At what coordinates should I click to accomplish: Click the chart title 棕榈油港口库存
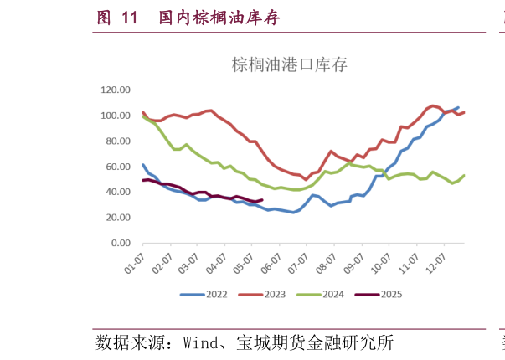288,65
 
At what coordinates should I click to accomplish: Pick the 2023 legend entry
270,294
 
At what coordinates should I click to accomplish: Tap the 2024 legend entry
327,294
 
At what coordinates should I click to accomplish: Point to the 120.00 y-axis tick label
116,90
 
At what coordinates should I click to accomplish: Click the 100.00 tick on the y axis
116,116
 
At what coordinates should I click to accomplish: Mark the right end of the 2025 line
263,199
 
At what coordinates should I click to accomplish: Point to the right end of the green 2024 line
464,175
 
